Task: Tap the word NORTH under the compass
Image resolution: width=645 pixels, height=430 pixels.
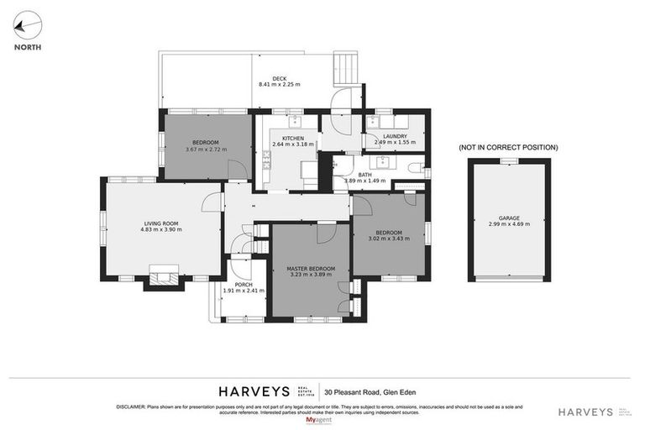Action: [29, 47]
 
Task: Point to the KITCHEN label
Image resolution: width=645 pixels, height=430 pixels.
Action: [292, 138]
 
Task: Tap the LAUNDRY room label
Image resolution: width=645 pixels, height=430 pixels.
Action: [395, 136]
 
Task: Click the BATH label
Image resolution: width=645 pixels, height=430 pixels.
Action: [364, 175]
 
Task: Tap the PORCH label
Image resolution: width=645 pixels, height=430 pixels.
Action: [244, 285]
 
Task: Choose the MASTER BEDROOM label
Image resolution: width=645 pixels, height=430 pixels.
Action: [311, 268]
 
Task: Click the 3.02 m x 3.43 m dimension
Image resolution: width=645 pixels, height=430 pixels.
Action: [388, 239]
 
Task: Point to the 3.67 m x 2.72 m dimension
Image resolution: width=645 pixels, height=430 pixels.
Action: [206, 149]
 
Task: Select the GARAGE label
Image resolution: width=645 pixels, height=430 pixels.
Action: [509, 218]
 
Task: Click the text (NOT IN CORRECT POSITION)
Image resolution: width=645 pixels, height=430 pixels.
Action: [508, 147]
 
